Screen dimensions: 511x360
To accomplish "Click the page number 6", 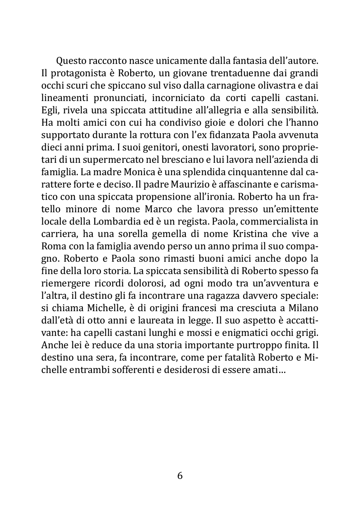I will tap(180, 476).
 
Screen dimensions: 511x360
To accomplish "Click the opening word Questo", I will tap(71, 62).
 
